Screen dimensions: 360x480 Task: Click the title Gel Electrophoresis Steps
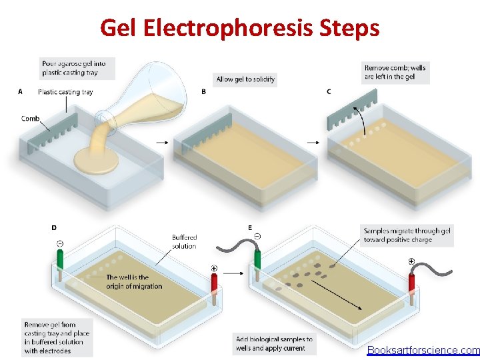pyautogui.click(x=240, y=28)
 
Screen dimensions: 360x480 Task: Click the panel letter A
pyautogui.click(x=20, y=92)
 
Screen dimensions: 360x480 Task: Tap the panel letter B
pyautogui.click(x=204, y=92)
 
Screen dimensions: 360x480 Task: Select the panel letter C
pyautogui.click(x=329, y=92)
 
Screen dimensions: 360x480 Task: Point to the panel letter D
pyautogui.click(x=54, y=228)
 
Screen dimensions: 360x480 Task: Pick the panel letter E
pyautogui.click(x=250, y=227)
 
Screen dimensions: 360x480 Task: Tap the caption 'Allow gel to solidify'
pyautogui.click(x=245, y=79)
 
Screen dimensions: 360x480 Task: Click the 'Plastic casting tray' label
pyautogui.click(x=65, y=92)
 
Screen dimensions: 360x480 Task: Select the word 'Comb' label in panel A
pyautogui.click(x=31, y=119)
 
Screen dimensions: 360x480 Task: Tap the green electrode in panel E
pyautogui.click(x=257, y=257)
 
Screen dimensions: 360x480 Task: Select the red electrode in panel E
pyautogui.click(x=413, y=283)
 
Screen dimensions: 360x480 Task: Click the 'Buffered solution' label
pyautogui.click(x=184, y=241)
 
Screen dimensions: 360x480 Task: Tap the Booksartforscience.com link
pyautogui.click(x=423, y=350)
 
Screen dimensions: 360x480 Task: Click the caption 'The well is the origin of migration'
pyautogui.click(x=134, y=281)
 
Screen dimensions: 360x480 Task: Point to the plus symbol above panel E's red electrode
pyautogui.click(x=411, y=261)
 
